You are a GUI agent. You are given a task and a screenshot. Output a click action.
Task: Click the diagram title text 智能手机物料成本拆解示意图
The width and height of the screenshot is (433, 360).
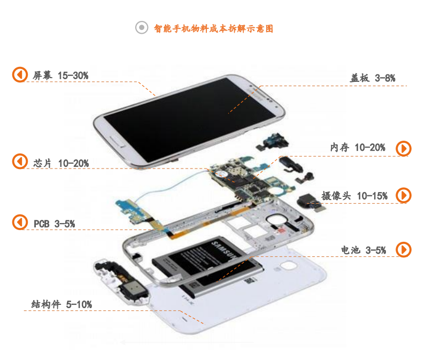[x=213, y=28]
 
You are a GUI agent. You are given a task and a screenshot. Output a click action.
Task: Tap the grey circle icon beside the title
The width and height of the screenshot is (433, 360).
[x=142, y=27]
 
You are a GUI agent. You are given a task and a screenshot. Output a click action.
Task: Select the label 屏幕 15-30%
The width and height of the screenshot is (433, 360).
[x=60, y=75]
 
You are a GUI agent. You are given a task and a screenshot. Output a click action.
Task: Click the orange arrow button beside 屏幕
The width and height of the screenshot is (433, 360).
[x=20, y=74]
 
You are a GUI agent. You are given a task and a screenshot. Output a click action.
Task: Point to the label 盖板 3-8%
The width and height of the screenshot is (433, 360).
[x=373, y=78]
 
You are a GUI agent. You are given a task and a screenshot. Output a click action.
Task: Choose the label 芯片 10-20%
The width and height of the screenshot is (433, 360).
[x=61, y=163]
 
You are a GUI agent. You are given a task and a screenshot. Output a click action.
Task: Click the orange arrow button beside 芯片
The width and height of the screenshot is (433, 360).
[x=20, y=162]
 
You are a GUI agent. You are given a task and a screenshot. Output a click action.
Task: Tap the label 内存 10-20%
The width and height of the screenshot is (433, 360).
[x=358, y=147]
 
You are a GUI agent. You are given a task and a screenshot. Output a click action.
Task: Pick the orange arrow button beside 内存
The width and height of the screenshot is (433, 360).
[x=404, y=149]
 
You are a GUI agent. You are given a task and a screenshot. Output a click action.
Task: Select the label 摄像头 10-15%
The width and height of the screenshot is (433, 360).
[x=354, y=196]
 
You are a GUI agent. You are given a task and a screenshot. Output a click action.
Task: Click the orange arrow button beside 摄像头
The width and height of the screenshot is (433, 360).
[x=404, y=195]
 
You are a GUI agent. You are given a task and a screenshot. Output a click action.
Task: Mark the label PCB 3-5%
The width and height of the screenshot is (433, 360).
[x=54, y=224]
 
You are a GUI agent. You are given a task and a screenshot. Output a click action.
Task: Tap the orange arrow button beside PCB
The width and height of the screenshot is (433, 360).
[x=20, y=222]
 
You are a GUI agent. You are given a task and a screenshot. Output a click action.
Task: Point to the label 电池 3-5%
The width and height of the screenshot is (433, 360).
[x=363, y=250]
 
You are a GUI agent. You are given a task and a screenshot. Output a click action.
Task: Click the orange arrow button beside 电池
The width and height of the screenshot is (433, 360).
[x=404, y=249]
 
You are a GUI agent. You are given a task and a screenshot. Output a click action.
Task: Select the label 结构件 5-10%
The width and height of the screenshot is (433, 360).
[x=61, y=304]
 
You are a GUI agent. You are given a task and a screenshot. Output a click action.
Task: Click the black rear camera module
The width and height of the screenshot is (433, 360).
[x=310, y=202]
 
